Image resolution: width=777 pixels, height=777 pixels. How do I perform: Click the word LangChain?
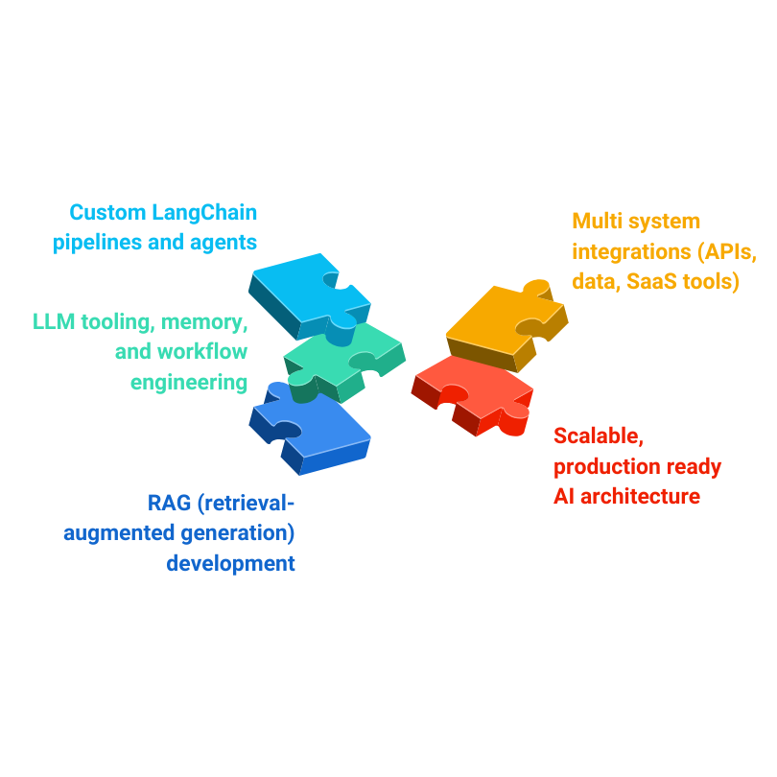point(202,212)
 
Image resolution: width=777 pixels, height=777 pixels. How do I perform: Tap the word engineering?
point(189,382)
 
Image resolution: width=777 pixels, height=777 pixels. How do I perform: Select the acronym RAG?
point(169,502)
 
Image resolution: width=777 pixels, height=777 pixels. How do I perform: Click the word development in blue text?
point(230,562)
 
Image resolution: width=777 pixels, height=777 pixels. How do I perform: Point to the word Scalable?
point(598,436)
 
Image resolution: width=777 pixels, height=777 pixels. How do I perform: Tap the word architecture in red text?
point(641,496)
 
